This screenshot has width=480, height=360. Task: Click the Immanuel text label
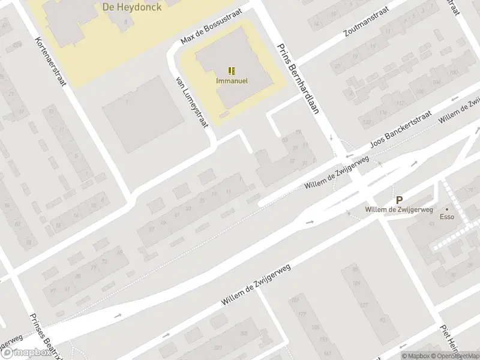pyautogui.click(x=232, y=80)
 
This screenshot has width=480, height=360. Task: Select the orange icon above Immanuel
pyautogui.click(x=232, y=71)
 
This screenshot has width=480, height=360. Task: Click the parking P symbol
pyautogui.click(x=399, y=200)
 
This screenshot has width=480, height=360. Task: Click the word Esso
pyautogui.click(x=446, y=217)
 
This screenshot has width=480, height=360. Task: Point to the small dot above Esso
pyautogui.click(x=446, y=210)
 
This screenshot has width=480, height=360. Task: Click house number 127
pyautogui.click(x=364, y=305)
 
